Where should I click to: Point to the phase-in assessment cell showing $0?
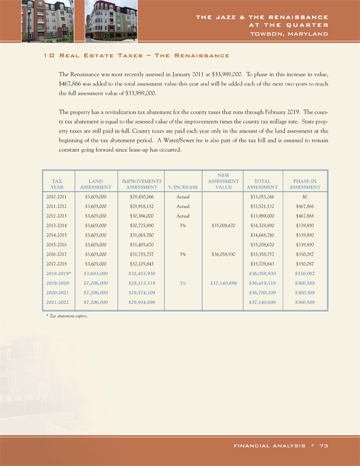[x=305, y=196]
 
